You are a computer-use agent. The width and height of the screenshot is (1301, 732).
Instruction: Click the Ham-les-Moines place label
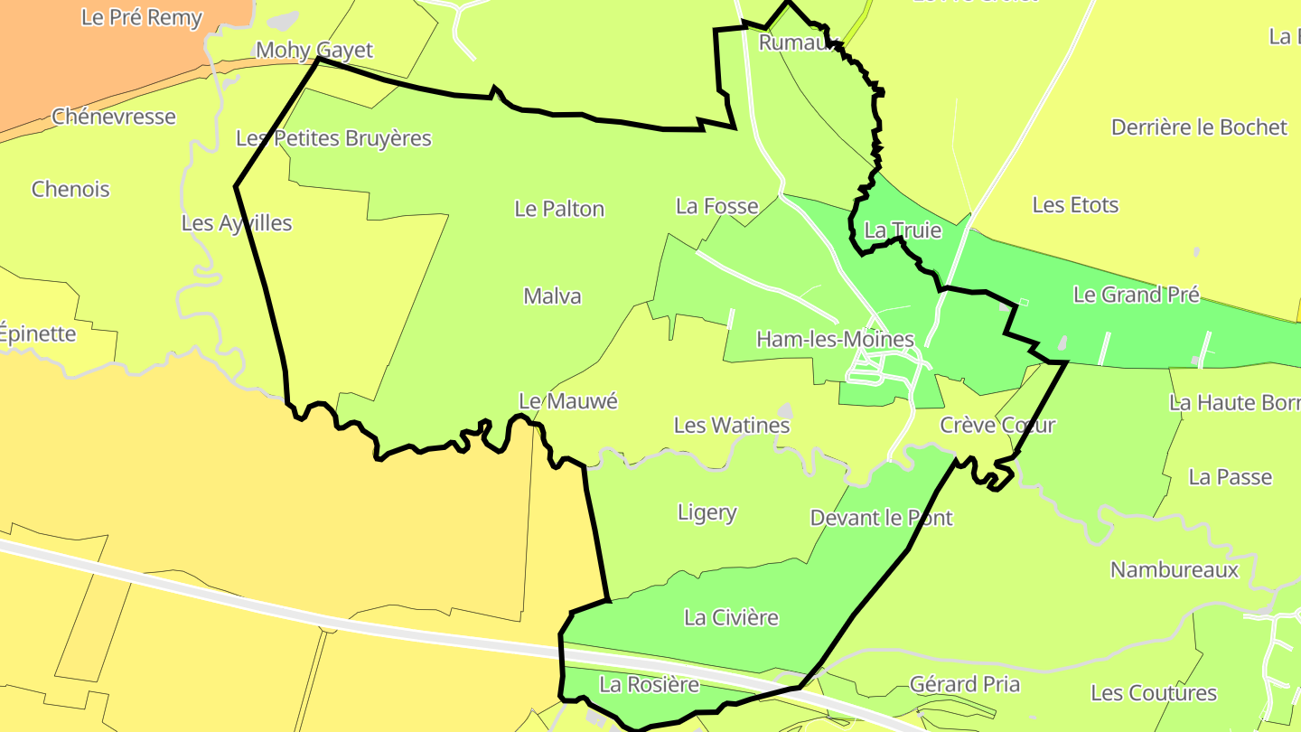pyautogui.click(x=835, y=340)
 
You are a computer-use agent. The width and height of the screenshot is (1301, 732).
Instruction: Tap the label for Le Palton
pyautogui.click(x=559, y=209)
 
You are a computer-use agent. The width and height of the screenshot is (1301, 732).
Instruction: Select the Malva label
pyautogui.click(x=552, y=296)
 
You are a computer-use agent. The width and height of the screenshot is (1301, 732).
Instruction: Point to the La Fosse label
pyautogui.click(x=716, y=207)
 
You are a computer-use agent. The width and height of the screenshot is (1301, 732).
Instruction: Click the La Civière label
pyautogui.click(x=731, y=618)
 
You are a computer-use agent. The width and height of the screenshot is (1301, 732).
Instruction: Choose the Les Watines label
pyautogui.click(x=732, y=425)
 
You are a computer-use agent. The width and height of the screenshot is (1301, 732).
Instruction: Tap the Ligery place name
pyautogui.click(x=707, y=513)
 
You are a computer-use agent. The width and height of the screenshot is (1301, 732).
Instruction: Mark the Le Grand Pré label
pyautogui.click(x=1137, y=295)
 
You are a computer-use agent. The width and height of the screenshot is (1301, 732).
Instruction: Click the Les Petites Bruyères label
pyautogui.click(x=333, y=138)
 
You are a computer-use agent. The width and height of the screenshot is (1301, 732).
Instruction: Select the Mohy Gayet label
pyautogui.click(x=314, y=50)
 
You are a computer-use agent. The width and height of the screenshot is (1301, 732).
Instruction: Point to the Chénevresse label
pyautogui.click(x=114, y=117)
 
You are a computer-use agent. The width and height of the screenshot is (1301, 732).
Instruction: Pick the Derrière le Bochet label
pyautogui.click(x=1199, y=127)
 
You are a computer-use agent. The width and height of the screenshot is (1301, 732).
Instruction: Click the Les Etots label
pyautogui.click(x=1075, y=205)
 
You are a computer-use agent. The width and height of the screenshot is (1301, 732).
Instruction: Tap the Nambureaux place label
pyautogui.click(x=1175, y=570)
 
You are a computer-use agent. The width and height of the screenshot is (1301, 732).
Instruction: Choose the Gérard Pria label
pyautogui.click(x=965, y=684)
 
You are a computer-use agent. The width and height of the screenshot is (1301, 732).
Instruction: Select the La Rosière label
pyautogui.click(x=649, y=685)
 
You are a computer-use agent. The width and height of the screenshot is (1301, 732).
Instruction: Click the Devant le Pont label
pyautogui.click(x=881, y=518)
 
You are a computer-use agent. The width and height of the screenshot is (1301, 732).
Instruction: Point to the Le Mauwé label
pyautogui.click(x=567, y=401)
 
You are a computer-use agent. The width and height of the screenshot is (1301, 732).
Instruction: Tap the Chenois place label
pyautogui.click(x=70, y=190)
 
